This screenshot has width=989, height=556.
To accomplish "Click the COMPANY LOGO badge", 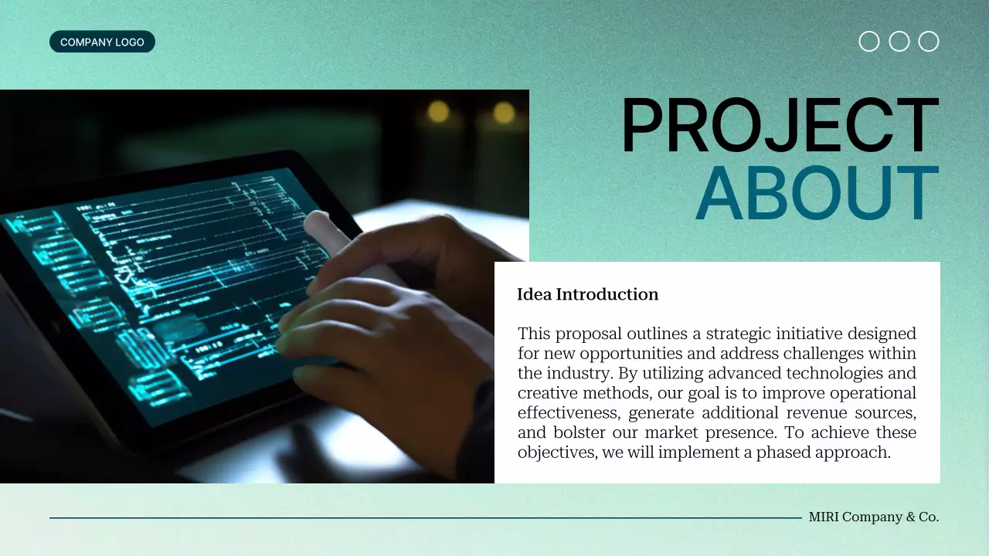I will click(x=102, y=42).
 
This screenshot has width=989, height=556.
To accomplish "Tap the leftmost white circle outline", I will click(x=869, y=42).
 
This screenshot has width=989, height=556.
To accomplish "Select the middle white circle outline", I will click(x=899, y=42).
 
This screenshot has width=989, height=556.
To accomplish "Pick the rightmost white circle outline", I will click(x=929, y=42).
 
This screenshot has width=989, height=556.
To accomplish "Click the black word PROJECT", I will click(x=780, y=127).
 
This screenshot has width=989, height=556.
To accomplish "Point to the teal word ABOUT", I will click(x=817, y=194).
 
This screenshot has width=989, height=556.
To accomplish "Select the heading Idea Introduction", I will click(x=587, y=294).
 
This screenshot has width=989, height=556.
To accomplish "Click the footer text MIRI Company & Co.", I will click(x=874, y=517).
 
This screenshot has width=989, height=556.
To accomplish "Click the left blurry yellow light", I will click(x=438, y=112).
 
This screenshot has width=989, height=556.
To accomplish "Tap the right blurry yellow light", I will click(x=504, y=113).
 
